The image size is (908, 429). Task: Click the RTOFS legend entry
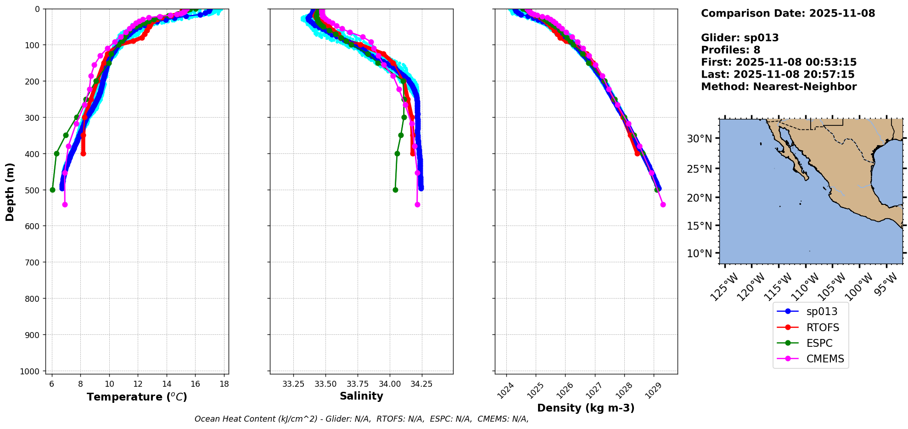[x=823, y=327]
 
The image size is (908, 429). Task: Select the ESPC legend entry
[x=819, y=343]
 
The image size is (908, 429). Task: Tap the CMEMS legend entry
[x=825, y=359]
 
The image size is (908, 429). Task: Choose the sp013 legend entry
[x=822, y=311]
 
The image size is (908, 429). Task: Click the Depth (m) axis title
[x=10, y=192]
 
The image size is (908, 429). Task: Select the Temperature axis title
[x=137, y=397]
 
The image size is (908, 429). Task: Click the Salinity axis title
[x=361, y=396]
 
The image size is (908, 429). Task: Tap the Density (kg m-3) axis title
[x=586, y=408]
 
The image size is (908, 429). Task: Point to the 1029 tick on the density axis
[x=652, y=390]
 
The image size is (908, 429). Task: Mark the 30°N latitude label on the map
[x=700, y=139]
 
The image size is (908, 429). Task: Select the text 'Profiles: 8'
[x=730, y=50]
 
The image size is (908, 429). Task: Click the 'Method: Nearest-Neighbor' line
[x=779, y=87]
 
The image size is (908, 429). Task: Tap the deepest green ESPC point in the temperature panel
[x=52, y=190]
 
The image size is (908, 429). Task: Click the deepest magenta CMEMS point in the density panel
[x=663, y=204]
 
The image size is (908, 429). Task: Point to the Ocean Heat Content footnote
[x=361, y=419]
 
